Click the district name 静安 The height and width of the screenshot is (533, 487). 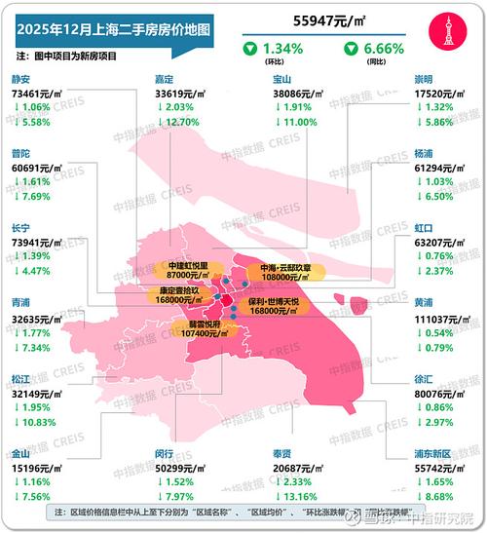tap(22, 81)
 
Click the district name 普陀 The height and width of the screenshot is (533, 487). tap(22, 154)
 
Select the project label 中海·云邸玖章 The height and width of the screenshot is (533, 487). tap(281, 268)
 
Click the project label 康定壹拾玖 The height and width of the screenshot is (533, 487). tap(178, 291)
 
